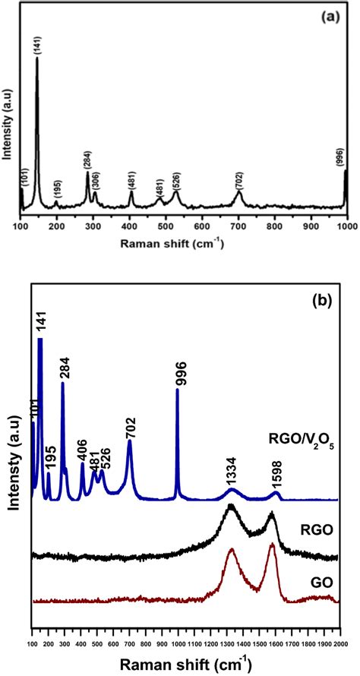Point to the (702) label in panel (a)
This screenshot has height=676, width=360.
pyautogui.click(x=239, y=180)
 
